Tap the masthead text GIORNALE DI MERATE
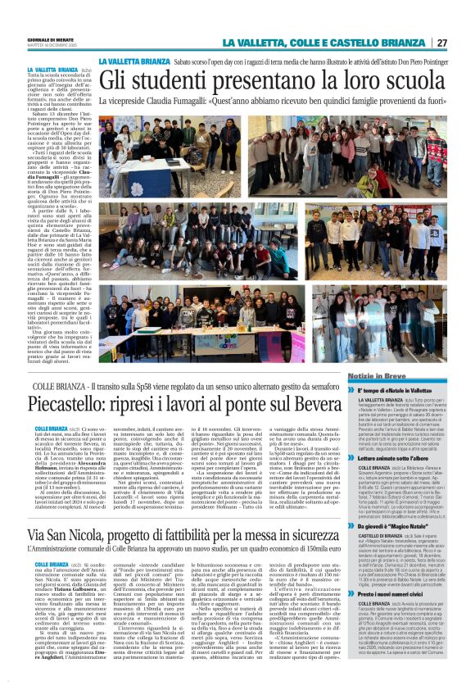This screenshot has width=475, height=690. click(51, 39)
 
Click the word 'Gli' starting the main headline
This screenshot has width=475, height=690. click(115, 81)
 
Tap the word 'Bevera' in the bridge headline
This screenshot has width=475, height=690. click(314, 405)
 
